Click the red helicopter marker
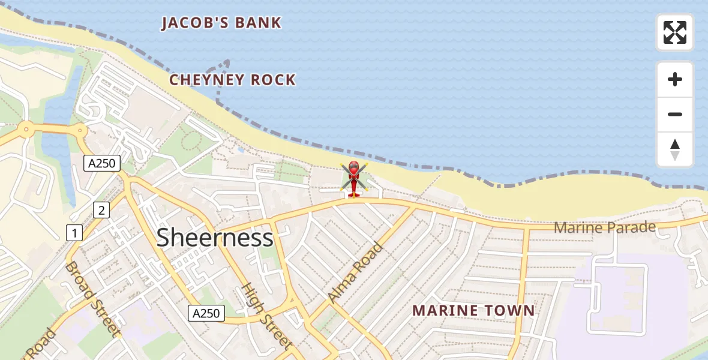pos(353,179)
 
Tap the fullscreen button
pos(675,32)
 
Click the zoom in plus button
pos(675,79)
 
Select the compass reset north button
pos(675,149)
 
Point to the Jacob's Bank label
pos(221,23)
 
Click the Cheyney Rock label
pos(232,80)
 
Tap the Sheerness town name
pos(215,238)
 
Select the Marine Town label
pos(473,311)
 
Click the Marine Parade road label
pos(604,228)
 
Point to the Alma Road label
pos(355,272)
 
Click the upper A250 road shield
pos(102,163)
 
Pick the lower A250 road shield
pos(206,313)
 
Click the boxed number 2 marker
pos(101,210)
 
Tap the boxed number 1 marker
pos(74,233)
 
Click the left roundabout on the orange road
pos(26,128)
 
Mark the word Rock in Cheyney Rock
pos(273,80)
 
